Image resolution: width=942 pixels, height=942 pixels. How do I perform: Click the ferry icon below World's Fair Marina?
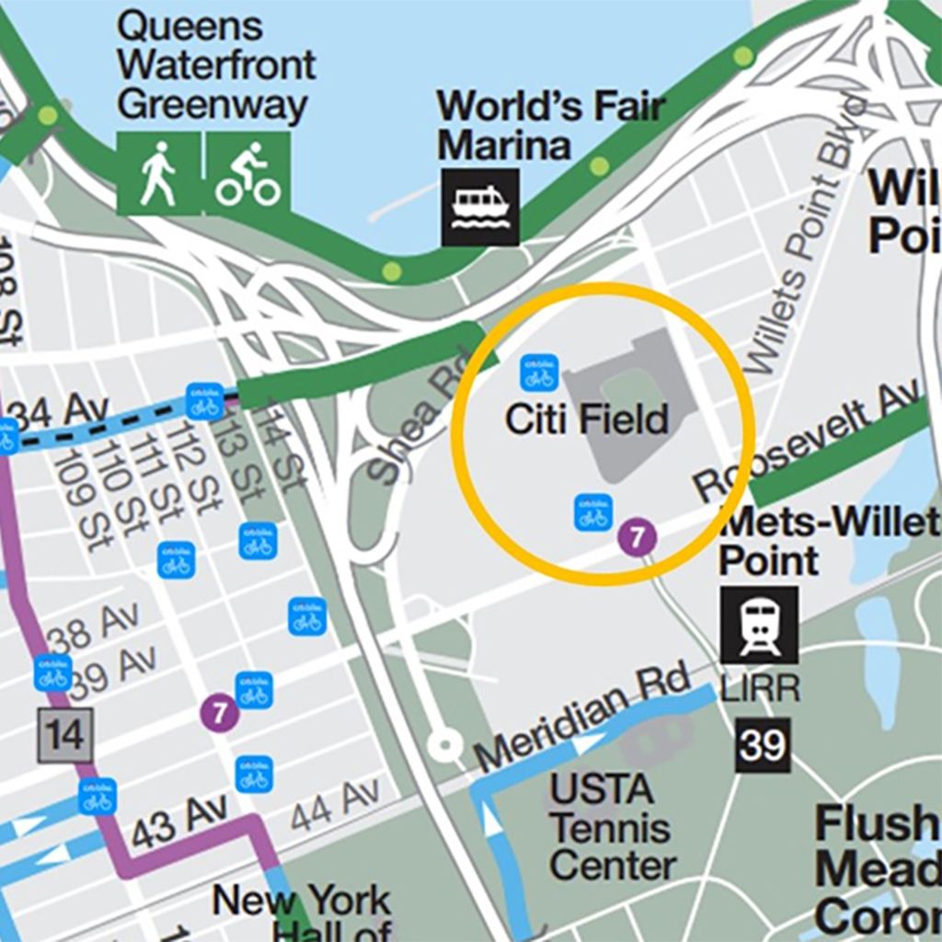click(x=480, y=207)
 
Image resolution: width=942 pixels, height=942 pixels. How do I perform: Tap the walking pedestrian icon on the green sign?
click(x=158, y=173)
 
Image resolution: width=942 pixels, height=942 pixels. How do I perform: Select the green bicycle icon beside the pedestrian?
click(x=247, y=173)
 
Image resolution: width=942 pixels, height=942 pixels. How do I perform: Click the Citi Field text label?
click(x=587, y=419)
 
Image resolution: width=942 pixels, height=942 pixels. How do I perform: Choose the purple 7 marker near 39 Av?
click(x=219, y=712)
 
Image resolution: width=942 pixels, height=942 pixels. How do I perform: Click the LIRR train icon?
click(x=759, y=625)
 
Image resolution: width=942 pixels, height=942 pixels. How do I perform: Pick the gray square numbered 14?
click(x=65, y=736)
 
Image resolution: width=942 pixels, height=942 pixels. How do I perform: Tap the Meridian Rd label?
click(x=582, y=718)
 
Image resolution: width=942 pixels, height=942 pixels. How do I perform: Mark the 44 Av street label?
click(x=335, y=803)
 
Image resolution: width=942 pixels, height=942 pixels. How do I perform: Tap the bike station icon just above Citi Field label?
click(x=539, y=373)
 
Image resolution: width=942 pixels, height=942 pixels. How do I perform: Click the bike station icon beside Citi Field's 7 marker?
click(x=593, y=512)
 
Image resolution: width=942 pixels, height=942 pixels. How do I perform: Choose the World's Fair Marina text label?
click(x=549, y=125)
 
